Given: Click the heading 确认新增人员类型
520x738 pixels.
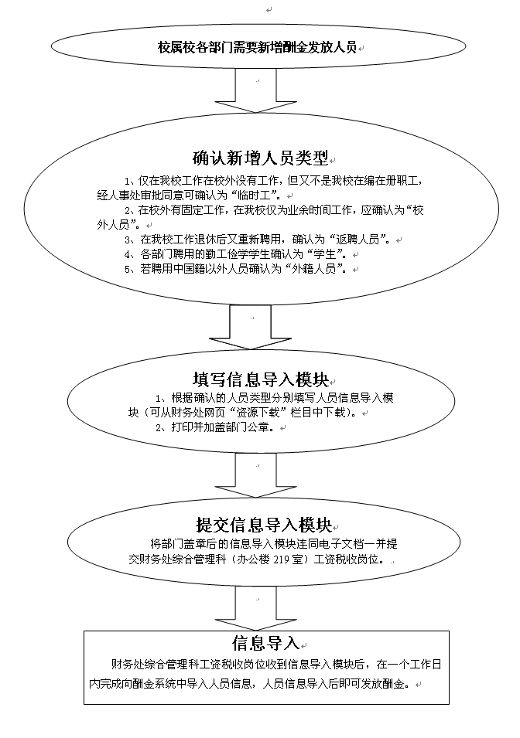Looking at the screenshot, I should click(x=261, y=159).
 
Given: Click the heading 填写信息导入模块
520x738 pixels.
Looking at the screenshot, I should click(x=261, y=379).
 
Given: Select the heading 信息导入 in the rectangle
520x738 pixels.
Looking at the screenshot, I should click(x=265, y=643).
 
